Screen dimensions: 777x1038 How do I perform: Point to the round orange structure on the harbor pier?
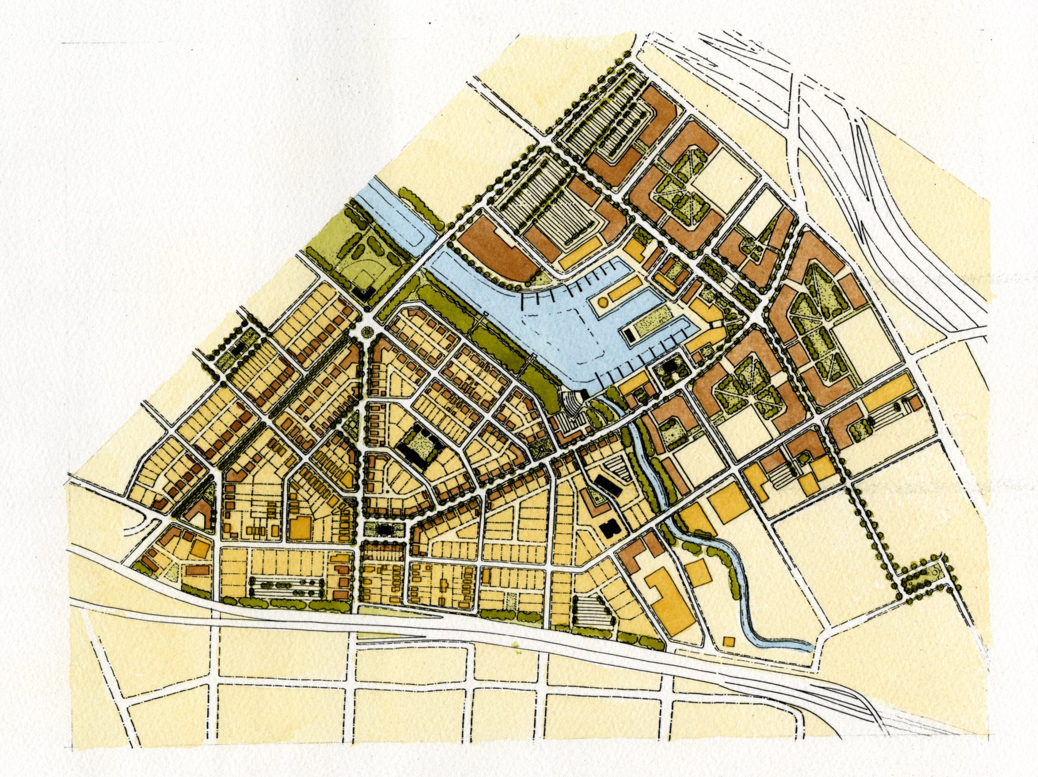click(603, 302)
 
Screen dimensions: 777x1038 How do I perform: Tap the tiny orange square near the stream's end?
click(729, 641)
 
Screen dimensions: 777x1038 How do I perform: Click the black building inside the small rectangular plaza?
click(384, 530)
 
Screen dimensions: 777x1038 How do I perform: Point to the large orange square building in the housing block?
click(300, 527)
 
